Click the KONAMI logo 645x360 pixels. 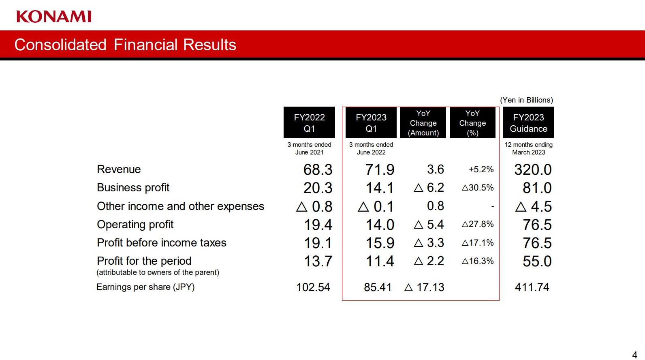point(54,17)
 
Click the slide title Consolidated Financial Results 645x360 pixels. point(125,45)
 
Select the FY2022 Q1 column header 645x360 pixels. point(309,122)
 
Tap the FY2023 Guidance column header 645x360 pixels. point(528,122)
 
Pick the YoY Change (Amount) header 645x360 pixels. point(423,122)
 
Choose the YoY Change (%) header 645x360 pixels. point(472,122)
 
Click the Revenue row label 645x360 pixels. point(119,169)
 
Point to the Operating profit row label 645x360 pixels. point(135,225)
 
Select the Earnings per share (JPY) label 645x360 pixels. point(145,287)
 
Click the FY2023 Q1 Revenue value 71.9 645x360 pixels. point(380,169)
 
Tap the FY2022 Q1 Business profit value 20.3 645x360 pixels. point(318,188)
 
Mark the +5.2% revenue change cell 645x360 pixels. point(481,169)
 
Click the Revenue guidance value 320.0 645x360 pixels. point(533,169)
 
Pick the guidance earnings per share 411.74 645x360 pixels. point(532,287)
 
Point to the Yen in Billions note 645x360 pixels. point(526,100)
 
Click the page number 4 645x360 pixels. point(634,355)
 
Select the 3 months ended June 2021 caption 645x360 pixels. point(309,148)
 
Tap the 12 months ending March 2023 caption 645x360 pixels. point(528,148)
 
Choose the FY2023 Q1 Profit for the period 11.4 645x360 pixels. point(380,261)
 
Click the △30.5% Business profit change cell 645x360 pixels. point(478,188)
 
